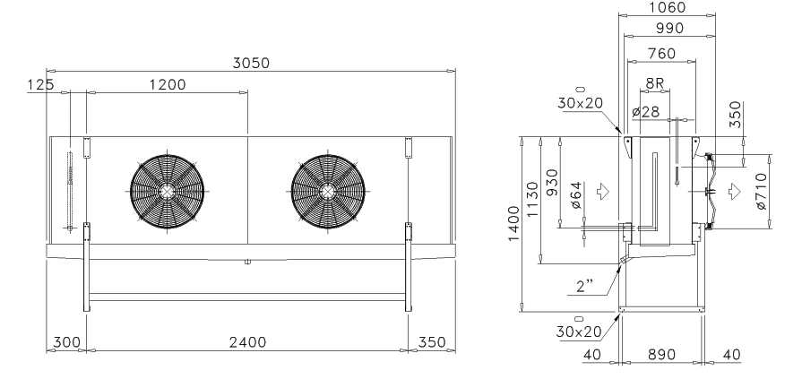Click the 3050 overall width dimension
[251, 63]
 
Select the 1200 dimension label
[168, 84]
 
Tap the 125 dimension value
[40, 84]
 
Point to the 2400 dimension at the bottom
[248, 341]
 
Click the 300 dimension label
[66, 341]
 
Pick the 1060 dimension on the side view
[667, 7]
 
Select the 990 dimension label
[669, 29]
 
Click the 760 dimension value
[661, 53]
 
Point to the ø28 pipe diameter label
[645, 111]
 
